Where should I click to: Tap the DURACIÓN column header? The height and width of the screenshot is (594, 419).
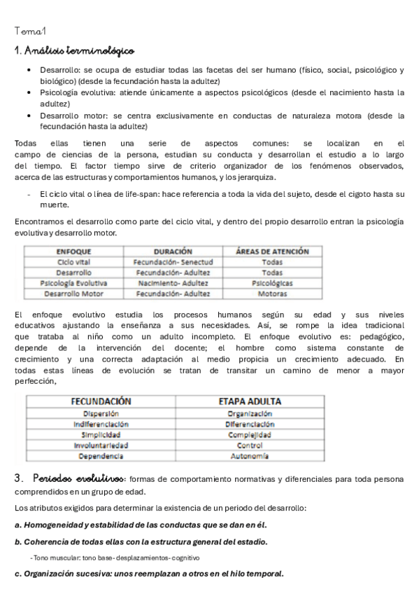pyautogui.click(x=172, y=250)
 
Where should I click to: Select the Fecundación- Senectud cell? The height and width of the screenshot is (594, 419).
pyautogui.click(x=172, y=261)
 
